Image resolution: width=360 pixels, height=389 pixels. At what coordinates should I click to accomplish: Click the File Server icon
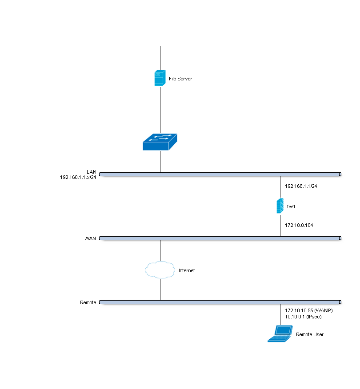point(160,78)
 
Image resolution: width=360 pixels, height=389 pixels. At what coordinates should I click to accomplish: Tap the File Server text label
point(180,79)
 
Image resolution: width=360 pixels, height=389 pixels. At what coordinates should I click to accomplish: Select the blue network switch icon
point(160,142)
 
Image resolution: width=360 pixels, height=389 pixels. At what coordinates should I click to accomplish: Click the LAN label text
point(92,171)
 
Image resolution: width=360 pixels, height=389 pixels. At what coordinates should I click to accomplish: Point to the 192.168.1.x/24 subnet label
point(78,177)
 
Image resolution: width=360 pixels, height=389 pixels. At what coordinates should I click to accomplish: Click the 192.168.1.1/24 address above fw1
point(301,187)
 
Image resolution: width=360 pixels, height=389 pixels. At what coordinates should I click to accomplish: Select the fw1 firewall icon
point(280,206)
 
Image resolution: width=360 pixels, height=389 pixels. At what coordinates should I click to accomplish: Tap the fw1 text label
point(291,207)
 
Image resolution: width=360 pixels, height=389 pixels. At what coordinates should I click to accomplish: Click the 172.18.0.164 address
point(299,226)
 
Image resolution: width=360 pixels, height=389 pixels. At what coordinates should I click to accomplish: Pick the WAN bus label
point(91,238)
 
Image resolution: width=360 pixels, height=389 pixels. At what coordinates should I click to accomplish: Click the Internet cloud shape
point(160,270)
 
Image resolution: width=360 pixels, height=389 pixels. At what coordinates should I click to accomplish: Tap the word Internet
point(187,270)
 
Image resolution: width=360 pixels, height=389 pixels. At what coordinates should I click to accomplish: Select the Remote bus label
point(88,302)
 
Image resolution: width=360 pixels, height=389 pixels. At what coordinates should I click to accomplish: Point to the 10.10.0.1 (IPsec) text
point(303,317)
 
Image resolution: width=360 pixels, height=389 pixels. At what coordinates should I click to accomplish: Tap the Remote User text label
point(310,334)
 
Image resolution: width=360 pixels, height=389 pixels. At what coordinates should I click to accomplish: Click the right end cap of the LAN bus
point(340,175)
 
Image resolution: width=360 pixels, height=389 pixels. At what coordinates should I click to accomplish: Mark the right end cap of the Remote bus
point(340,302)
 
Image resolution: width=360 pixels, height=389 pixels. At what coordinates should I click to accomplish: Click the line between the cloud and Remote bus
point(160,290)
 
